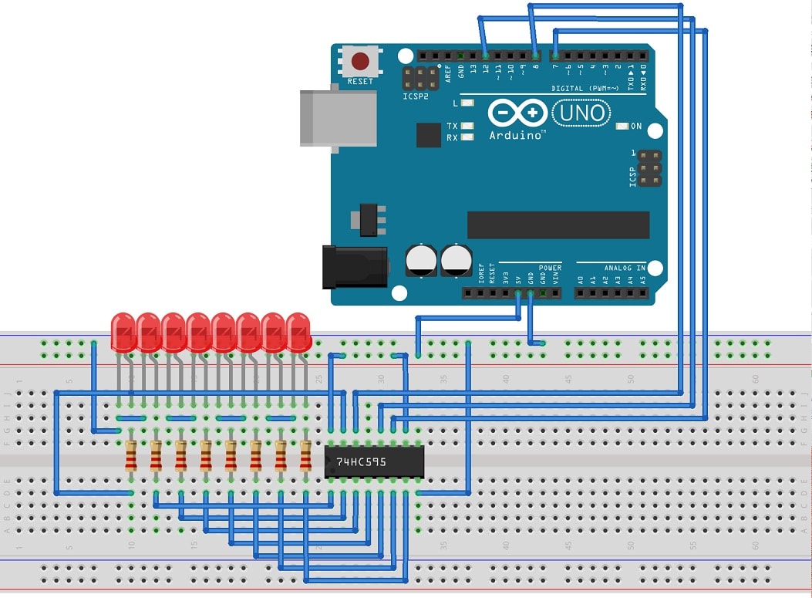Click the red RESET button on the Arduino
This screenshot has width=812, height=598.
[x=360, y=61]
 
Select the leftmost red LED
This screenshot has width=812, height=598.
[x=123, y=332]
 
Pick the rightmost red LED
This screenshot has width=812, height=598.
[x=299, y=332]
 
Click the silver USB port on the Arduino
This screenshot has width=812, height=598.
[x=338, y=117]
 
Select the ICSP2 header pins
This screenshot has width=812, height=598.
[x=415, y=77]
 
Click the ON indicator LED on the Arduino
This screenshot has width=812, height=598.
[x=622, y=126]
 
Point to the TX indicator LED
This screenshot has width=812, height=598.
[x=467, y=126]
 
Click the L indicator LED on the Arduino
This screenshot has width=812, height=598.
[x=467, y=103]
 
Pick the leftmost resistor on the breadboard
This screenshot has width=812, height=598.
[x=131, y=455]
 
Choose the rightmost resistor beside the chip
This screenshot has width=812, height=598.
[x=305, y=455]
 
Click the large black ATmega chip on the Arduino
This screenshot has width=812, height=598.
[x=558, y=225]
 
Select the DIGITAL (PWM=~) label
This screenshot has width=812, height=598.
[x=584, y=89]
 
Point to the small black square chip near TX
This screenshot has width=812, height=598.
[x=428, y=135]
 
